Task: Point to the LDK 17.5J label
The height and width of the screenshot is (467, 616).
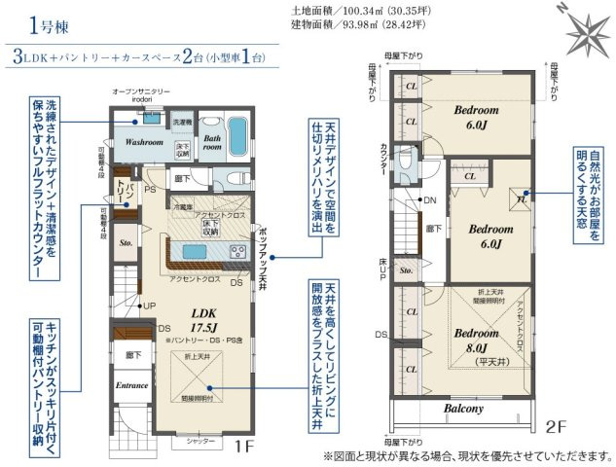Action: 204,321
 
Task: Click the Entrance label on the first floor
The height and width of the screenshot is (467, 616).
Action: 132,385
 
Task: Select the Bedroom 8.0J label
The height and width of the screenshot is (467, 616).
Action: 475,336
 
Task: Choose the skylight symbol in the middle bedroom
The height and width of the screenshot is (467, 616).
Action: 521,202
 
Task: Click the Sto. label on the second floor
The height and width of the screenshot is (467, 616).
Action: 406,269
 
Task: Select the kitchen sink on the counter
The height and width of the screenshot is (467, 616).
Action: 236,252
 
